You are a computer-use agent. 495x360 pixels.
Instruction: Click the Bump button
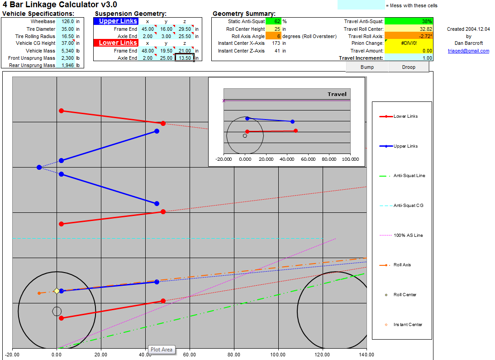click(367, 67)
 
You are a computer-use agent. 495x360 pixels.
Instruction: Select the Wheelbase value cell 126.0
click(66, 21)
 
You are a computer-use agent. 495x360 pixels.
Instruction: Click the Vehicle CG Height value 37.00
click(66, 43)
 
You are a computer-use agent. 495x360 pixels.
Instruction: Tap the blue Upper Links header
click(116, 21)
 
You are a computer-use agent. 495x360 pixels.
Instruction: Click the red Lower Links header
click(116, 43)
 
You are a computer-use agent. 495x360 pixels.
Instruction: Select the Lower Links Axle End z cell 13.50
click(184, 58)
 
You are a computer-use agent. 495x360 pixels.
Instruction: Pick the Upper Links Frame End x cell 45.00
click(148, 29)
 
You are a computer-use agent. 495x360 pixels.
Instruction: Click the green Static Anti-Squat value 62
click(273, 21)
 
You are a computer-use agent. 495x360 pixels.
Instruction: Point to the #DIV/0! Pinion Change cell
click(409, 43)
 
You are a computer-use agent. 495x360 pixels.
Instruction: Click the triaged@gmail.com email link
click(468, 51)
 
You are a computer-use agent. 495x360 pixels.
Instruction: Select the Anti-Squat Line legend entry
click(402, 176)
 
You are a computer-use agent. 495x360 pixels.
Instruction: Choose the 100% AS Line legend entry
click(401, 235)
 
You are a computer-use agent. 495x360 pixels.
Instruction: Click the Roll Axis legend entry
click(395, 265)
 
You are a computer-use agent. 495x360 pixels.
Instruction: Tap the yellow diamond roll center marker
click(57, 291)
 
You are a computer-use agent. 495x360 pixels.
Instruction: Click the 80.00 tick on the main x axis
click(234, 355)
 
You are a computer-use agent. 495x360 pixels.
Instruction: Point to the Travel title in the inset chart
click(337, 94)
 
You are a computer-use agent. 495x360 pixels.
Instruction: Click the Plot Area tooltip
click(162, 350)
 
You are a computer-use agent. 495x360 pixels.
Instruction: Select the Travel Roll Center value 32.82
click(409, 29)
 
